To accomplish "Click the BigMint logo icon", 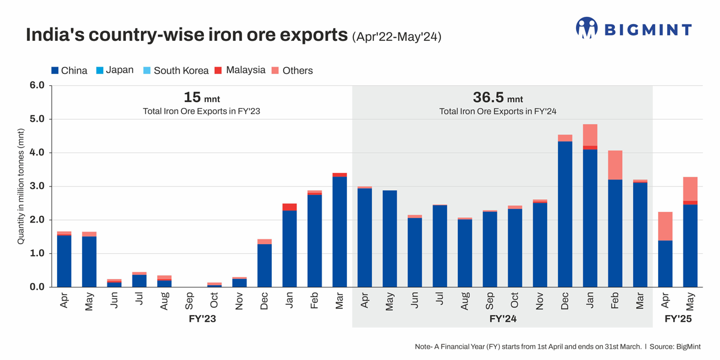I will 587,28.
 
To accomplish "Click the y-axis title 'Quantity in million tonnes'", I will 20,186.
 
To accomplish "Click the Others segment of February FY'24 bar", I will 615,165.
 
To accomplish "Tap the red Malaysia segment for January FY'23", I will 289,207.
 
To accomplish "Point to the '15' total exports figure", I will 191,97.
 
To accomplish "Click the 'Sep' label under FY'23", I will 190,301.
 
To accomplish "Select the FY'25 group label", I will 678,319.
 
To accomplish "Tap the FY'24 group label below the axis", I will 502,319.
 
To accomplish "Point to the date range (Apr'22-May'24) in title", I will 397,37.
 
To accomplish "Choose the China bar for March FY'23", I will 340,232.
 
